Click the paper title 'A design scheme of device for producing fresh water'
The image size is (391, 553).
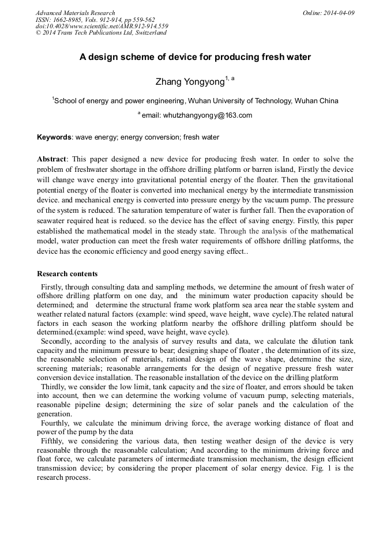[195, 57]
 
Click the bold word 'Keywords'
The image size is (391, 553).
[54, 137]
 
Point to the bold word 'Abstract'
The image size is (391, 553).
[52, 159]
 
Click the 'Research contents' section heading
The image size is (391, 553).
[67, 274]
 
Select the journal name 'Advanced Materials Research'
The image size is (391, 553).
[75, 13]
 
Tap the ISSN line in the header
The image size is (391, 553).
[95, 20]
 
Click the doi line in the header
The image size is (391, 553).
[101, 26]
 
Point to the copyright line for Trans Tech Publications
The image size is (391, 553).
[101, 33]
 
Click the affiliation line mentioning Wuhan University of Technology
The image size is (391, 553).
[195, 100]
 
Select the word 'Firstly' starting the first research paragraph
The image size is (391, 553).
[53, 287]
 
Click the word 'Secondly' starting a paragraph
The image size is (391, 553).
[57, 341]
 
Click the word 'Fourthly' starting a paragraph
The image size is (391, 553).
[57, 423]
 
